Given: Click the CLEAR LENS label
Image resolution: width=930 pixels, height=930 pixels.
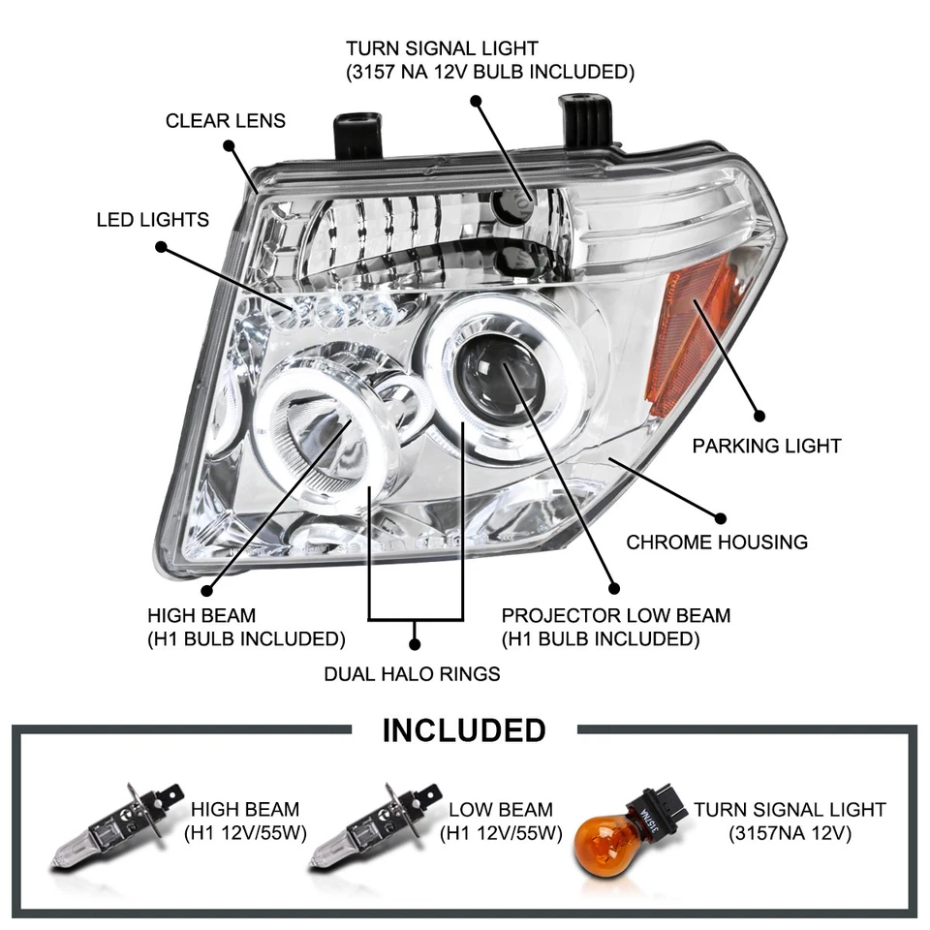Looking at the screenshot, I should point(225,121).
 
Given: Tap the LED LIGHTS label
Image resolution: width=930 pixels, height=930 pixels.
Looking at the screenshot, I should point(152,220).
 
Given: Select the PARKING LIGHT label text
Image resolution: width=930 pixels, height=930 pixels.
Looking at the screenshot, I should point(766,446).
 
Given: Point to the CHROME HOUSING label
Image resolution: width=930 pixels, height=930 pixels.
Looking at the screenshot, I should point(717,542).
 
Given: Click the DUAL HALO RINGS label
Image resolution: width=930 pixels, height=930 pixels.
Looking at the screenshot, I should point(412,673).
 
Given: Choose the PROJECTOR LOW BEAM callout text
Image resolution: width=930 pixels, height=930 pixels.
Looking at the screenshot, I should point(615,615).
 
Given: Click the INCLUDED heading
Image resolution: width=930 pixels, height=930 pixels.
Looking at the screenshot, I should point(464,729).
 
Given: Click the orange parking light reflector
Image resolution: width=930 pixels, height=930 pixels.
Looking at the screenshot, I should point(690,333).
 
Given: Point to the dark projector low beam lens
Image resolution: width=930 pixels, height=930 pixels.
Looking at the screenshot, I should point(501,378).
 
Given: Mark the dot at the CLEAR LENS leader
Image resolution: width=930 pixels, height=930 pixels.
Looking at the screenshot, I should point(229,146).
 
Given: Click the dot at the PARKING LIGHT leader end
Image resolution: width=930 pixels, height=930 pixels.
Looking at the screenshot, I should point(759,416).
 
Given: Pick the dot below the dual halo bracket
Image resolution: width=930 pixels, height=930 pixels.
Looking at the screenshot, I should point(416,642).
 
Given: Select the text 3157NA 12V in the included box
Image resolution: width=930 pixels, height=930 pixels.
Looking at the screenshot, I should point(790,833).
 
